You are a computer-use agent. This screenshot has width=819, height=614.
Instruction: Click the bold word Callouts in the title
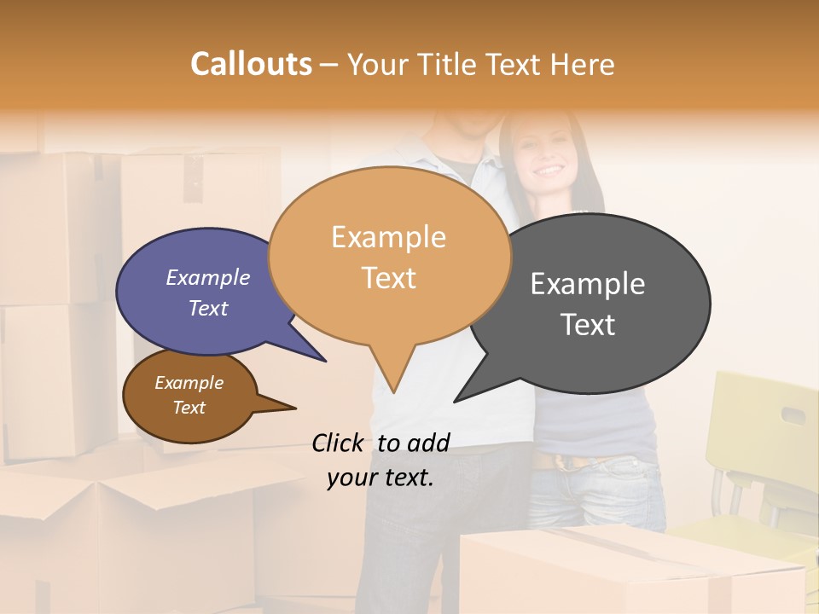point(251,64)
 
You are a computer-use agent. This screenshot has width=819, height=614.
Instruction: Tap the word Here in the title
point(583,64)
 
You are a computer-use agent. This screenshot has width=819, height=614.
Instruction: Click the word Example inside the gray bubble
point(588,283)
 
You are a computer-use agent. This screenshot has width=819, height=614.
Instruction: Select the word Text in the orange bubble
point(389,278)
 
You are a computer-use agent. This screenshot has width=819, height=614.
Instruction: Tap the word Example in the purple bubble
point(208,277)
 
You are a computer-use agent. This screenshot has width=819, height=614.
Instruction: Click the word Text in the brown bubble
point(189,408)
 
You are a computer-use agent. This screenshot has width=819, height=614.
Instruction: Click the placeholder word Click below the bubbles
point(340,443)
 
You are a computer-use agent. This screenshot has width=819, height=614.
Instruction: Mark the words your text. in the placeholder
point(380,478)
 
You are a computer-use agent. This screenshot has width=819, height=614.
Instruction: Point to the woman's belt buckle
point(567,462)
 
